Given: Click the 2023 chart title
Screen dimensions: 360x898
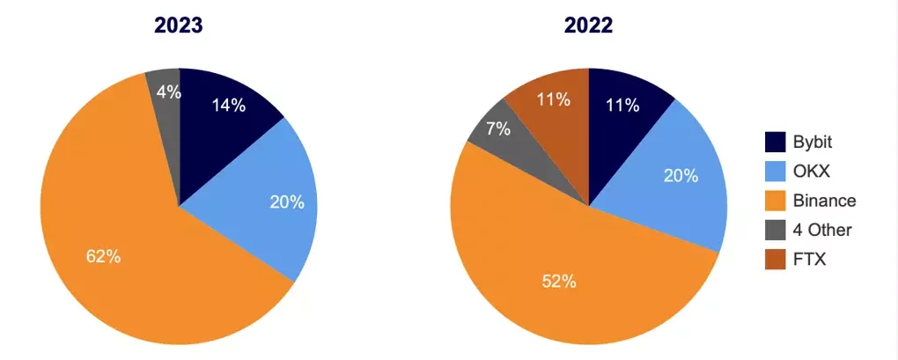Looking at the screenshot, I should coord(179,26).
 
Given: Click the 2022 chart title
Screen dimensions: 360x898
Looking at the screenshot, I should coord(588,26).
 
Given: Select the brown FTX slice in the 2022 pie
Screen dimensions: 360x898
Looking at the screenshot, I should coord(550,106).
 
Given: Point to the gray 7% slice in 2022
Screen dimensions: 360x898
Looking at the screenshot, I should coord(498,132).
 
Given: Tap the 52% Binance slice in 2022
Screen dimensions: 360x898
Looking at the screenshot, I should coord(563,282).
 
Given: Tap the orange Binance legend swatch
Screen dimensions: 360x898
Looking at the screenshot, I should coord(775,201).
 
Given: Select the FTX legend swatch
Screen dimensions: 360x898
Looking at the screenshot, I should coord(775,260).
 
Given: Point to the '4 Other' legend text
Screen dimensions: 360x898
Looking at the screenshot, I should coord(822,231).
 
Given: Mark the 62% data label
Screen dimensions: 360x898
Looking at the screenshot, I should coord(103,258).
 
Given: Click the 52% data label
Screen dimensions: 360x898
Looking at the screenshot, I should coord(558,282).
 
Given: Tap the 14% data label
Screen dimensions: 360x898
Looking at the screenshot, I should coord(229,106).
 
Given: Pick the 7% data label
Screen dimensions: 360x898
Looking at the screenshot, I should coord(498,129).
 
